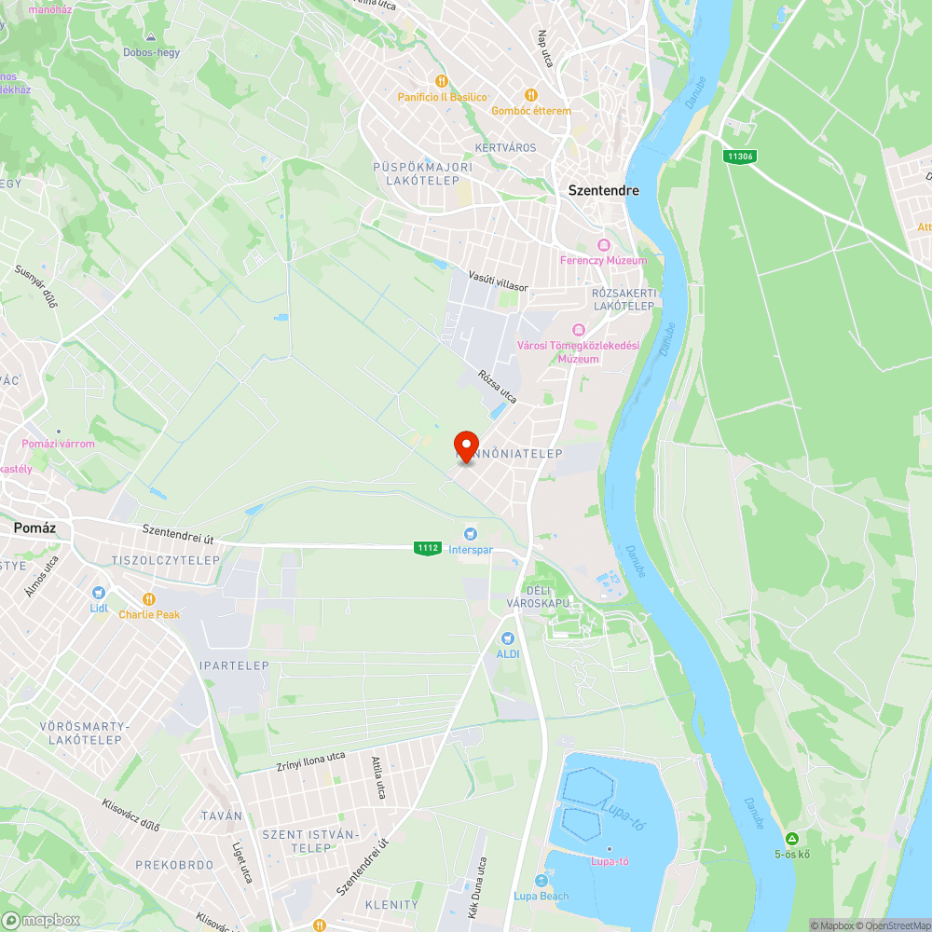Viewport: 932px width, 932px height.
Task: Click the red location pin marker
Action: pos(465,445)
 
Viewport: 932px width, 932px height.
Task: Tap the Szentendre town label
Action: pos(604,190)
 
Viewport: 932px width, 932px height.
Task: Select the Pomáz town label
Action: pos(34,528)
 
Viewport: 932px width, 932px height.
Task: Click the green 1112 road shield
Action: pos(428,548)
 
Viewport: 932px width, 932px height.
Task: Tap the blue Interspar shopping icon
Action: pos(471,533)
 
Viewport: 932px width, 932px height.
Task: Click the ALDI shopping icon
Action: pos(507,638)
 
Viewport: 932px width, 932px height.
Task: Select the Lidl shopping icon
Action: pos(99,592)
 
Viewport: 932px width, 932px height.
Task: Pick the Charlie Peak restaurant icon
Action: pos(148,598)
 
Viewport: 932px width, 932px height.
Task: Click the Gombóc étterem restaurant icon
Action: pos(530,95)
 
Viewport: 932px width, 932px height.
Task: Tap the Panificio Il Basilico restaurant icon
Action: pos(442,81)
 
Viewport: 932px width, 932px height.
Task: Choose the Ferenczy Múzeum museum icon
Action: pos(603,245)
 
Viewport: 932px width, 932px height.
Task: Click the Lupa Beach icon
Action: pos(541,881)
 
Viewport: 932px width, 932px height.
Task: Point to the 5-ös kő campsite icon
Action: pos(791,838)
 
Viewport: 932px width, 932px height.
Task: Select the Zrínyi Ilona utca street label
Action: pos(310,761)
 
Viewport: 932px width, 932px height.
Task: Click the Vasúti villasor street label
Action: pos(498,282)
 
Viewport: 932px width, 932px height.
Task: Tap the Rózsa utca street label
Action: pos(497,389)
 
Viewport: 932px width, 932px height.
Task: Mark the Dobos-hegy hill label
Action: pos(151,52)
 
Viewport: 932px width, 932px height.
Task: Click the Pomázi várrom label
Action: pos(59,444)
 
